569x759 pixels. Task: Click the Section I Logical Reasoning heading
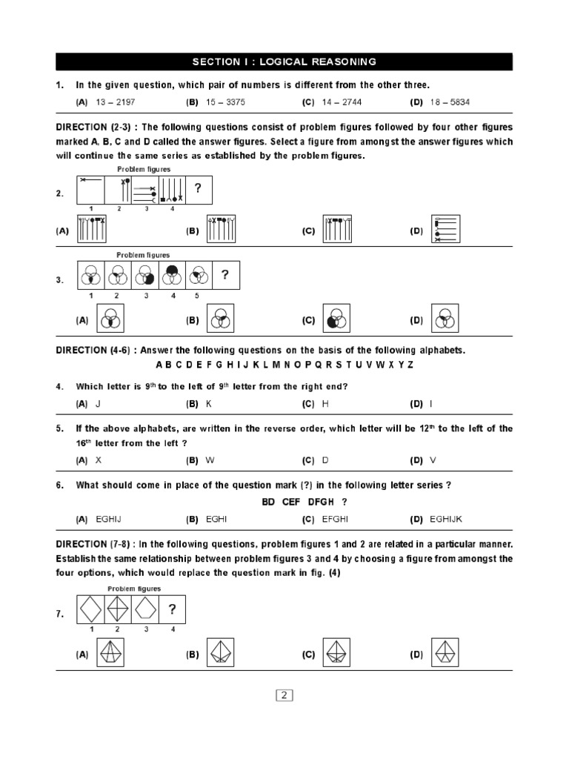(x=284, y=62)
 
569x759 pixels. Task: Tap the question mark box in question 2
(x=198, y=190)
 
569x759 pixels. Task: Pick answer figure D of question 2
(x=447, y=231)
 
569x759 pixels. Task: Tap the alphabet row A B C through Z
(x=284, y=365)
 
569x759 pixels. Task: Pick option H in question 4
(x=325, y=404)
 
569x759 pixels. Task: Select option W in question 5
(x=210, y=460)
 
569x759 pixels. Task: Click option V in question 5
(x=433, y=460)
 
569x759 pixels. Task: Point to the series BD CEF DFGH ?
(x=304, y=502)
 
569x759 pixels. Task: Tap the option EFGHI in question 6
(x=335, y=520)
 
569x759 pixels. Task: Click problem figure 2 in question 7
(x=117, y=610)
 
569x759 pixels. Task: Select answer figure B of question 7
(x=220, y=654)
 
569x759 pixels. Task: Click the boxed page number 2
(x=284, y=695)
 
